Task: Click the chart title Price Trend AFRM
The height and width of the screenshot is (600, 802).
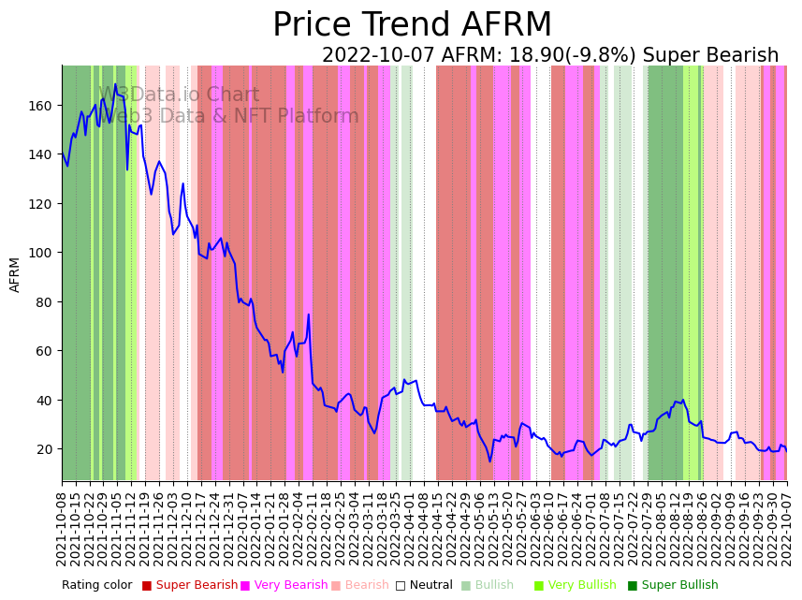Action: click(412, 25)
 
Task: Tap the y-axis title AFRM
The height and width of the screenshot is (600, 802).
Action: click(15, 274)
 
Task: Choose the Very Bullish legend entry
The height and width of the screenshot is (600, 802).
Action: click(580, 586)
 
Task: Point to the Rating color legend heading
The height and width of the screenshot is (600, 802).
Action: click(97, 586)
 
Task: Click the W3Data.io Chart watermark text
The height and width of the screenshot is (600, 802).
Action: click(179, 95)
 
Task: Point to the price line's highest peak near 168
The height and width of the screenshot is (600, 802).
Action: click(116, 85)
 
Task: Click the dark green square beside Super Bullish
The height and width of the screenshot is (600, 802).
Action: click(633, 586)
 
